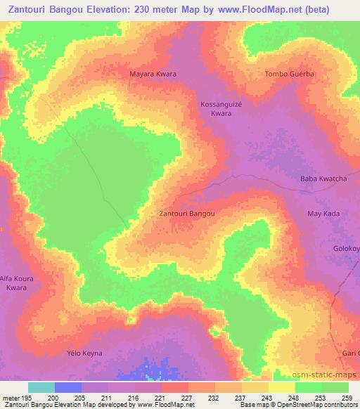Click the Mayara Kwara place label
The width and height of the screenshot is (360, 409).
point(153,74)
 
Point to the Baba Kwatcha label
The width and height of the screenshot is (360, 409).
point(323,179)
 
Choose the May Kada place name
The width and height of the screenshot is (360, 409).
point(323,213)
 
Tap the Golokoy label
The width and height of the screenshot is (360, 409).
point(346,249)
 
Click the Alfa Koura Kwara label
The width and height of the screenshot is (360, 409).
point(17,283)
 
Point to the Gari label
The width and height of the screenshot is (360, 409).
point(351,352)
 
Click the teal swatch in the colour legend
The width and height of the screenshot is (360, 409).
point(41,387)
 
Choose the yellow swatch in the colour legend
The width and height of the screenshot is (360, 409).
point(282,387)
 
